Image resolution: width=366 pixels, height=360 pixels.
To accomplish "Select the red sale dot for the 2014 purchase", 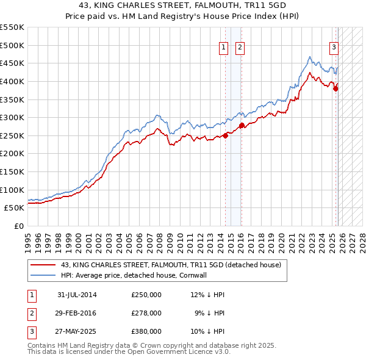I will click(x=226, y=135).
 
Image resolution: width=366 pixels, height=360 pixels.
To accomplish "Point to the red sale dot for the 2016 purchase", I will click(x=242, y=126).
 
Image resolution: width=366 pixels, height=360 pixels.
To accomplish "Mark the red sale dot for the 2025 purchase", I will click(x=335, y=88).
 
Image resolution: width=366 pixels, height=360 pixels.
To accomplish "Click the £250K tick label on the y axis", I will click(x=13, y=135).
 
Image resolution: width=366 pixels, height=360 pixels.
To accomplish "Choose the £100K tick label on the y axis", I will click(x=13, y=190).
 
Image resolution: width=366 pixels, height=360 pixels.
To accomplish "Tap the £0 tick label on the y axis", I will click(x=18, y=226).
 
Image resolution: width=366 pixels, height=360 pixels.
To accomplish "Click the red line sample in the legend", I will click(x=43, y=265).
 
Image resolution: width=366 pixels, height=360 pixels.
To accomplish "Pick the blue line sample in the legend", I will click(x=43, y=275).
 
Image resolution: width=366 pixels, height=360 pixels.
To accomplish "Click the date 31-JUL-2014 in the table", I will click(x=77, y=295).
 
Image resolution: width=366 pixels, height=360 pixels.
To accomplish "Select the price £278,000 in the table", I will click(x=146, y=313).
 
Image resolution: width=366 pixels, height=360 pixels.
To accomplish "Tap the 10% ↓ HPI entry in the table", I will click(x=207, y=331).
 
